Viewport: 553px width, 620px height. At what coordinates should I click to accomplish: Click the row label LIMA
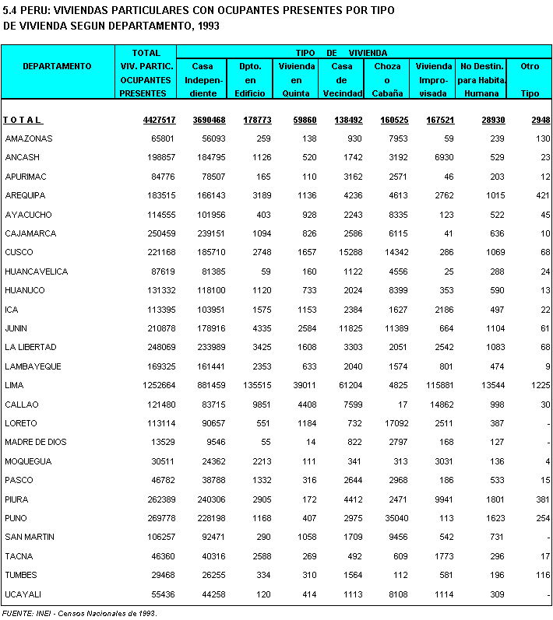click(15, 386)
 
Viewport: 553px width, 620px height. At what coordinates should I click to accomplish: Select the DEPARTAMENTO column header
click(57, 67)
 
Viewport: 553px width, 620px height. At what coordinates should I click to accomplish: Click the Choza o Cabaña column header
click(387, 79)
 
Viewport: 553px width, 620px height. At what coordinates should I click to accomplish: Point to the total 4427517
click(159, 120)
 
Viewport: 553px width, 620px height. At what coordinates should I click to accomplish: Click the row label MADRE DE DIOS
click(36, 443)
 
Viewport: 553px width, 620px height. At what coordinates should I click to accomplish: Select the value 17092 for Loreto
click(392, 424)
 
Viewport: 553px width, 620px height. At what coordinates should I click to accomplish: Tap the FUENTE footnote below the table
click(79, 614)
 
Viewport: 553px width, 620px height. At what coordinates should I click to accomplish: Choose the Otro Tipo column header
click(530, 79)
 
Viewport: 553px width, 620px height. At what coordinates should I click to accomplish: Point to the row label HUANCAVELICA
click(36, 271)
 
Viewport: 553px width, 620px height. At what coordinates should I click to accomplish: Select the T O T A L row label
click(23, 120)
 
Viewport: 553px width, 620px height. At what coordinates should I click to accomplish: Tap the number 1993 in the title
click(208, 26)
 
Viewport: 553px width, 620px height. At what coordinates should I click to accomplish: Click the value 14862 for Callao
click(436, 405)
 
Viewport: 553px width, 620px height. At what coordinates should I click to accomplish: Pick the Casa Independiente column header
click(202, 79)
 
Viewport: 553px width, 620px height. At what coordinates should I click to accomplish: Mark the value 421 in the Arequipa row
click(543, 195)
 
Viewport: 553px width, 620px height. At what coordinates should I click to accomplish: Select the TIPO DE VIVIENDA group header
click(342, 52)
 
